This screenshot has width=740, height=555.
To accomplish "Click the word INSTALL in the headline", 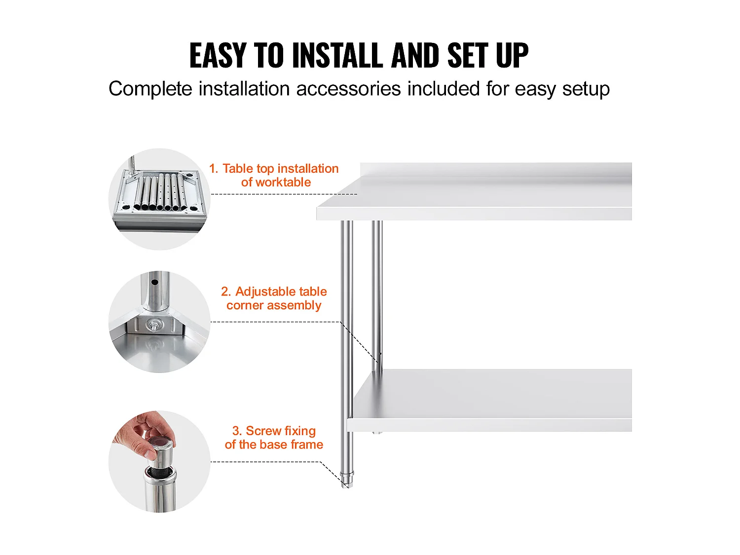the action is coord(337,55).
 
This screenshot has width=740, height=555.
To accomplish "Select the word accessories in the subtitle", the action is coord(348,89).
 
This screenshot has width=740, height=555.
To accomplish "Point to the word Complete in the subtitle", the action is coord(150,89).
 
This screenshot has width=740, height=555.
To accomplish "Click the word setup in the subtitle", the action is coord(586,89).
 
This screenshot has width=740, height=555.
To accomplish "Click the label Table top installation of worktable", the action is coord(274,175).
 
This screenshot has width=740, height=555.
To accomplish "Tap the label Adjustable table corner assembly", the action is coord(274,298).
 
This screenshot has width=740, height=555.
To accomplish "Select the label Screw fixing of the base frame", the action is coord(274,438).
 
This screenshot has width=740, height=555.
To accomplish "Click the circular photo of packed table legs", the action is coord(159,199).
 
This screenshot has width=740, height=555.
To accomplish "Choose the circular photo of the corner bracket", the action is coord(159,322).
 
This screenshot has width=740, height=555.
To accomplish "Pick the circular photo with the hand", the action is coord(159,461).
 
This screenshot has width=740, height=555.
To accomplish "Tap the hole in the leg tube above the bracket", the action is coord(155,282).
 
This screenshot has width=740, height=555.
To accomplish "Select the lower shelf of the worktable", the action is coord(489,400).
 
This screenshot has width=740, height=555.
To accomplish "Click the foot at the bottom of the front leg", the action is coord(347,480).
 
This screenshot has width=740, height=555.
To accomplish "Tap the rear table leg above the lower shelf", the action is coord(377,295).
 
